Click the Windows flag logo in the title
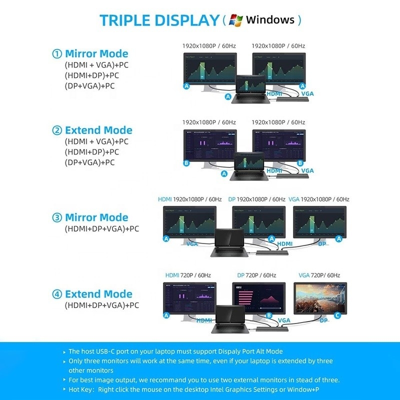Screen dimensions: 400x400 point(236,20)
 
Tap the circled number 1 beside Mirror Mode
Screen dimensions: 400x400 point(57,54)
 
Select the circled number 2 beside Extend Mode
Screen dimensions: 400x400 point(57,130)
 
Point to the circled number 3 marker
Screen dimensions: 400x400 point(57,217)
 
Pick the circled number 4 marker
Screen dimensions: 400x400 point(57,294)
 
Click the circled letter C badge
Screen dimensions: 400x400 point(337,315)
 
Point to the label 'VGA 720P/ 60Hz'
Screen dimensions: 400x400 point(319,275)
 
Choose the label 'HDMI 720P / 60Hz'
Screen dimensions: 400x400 point(188,275)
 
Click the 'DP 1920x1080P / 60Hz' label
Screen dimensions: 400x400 point(256,199)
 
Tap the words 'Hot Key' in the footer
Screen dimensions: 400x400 point(81,389)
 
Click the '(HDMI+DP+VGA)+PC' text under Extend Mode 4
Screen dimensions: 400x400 point(101,305)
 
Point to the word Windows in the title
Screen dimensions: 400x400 point(270,20)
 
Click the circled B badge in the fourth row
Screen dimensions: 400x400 point(268,315)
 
